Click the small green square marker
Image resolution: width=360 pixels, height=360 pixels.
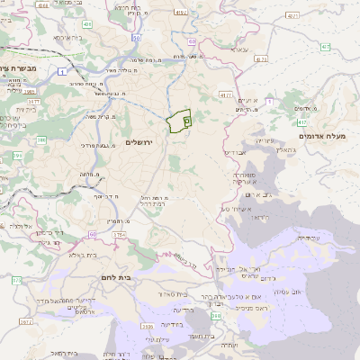[186, 118]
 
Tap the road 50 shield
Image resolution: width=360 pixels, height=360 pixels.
[136, 38]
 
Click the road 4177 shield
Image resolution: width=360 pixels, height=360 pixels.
[225, 94]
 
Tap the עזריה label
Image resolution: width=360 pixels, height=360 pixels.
[263, 141]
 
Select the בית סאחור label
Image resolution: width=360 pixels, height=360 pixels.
[172, 294]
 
